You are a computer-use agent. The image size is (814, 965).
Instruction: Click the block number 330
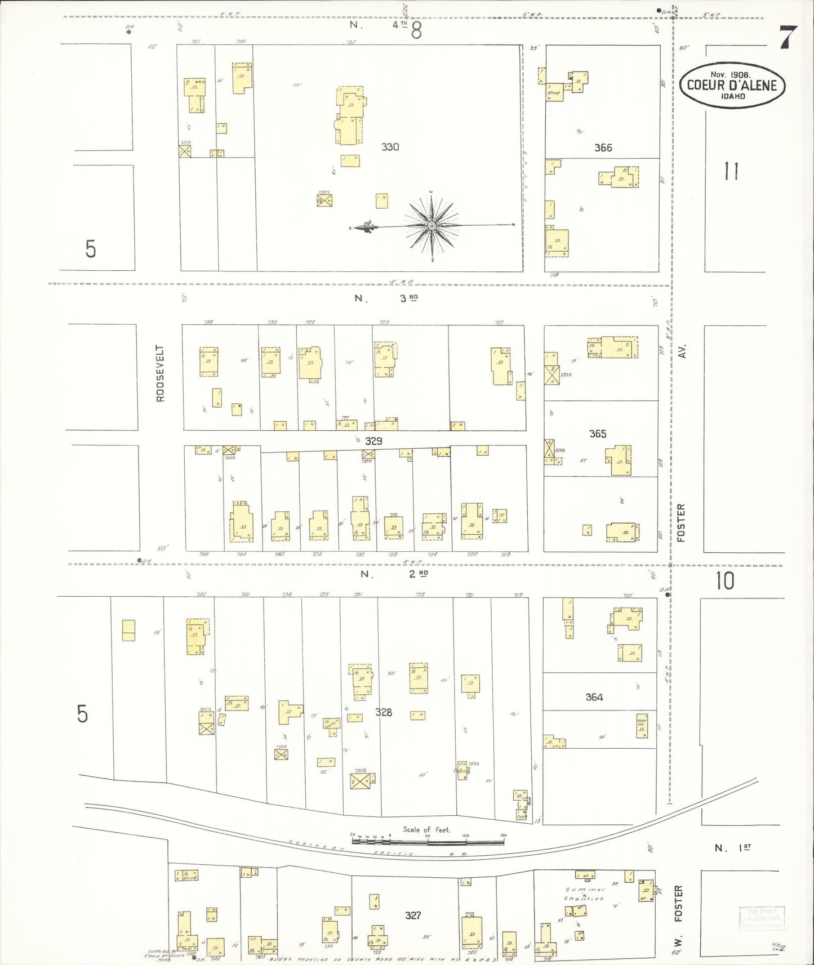pos(390,147)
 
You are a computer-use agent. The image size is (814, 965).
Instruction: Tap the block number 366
pos(603,148)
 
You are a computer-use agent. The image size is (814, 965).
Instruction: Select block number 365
pos(598,434)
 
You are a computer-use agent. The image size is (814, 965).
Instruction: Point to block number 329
pos(373,441)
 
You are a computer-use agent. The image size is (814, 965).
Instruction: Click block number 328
pos(384,712)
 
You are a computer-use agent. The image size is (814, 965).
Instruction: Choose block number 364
pos(594,697)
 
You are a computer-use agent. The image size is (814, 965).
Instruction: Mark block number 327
pos(413,915)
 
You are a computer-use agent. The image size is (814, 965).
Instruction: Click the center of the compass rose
pos(432,226)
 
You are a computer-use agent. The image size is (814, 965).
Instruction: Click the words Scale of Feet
pos(426,829)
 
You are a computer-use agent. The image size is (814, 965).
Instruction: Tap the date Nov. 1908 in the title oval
pos(730,74)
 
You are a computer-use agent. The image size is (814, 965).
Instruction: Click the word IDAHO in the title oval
pos(732,96)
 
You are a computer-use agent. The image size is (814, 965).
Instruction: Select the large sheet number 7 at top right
pos(788,38)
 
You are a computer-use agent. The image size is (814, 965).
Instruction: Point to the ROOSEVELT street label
pos(161,373)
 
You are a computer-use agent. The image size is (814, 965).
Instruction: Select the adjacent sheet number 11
pos(731,171)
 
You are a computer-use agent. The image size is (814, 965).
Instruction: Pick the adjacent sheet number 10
pos(724,581)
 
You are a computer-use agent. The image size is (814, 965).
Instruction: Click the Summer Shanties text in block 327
pos(584,894)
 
